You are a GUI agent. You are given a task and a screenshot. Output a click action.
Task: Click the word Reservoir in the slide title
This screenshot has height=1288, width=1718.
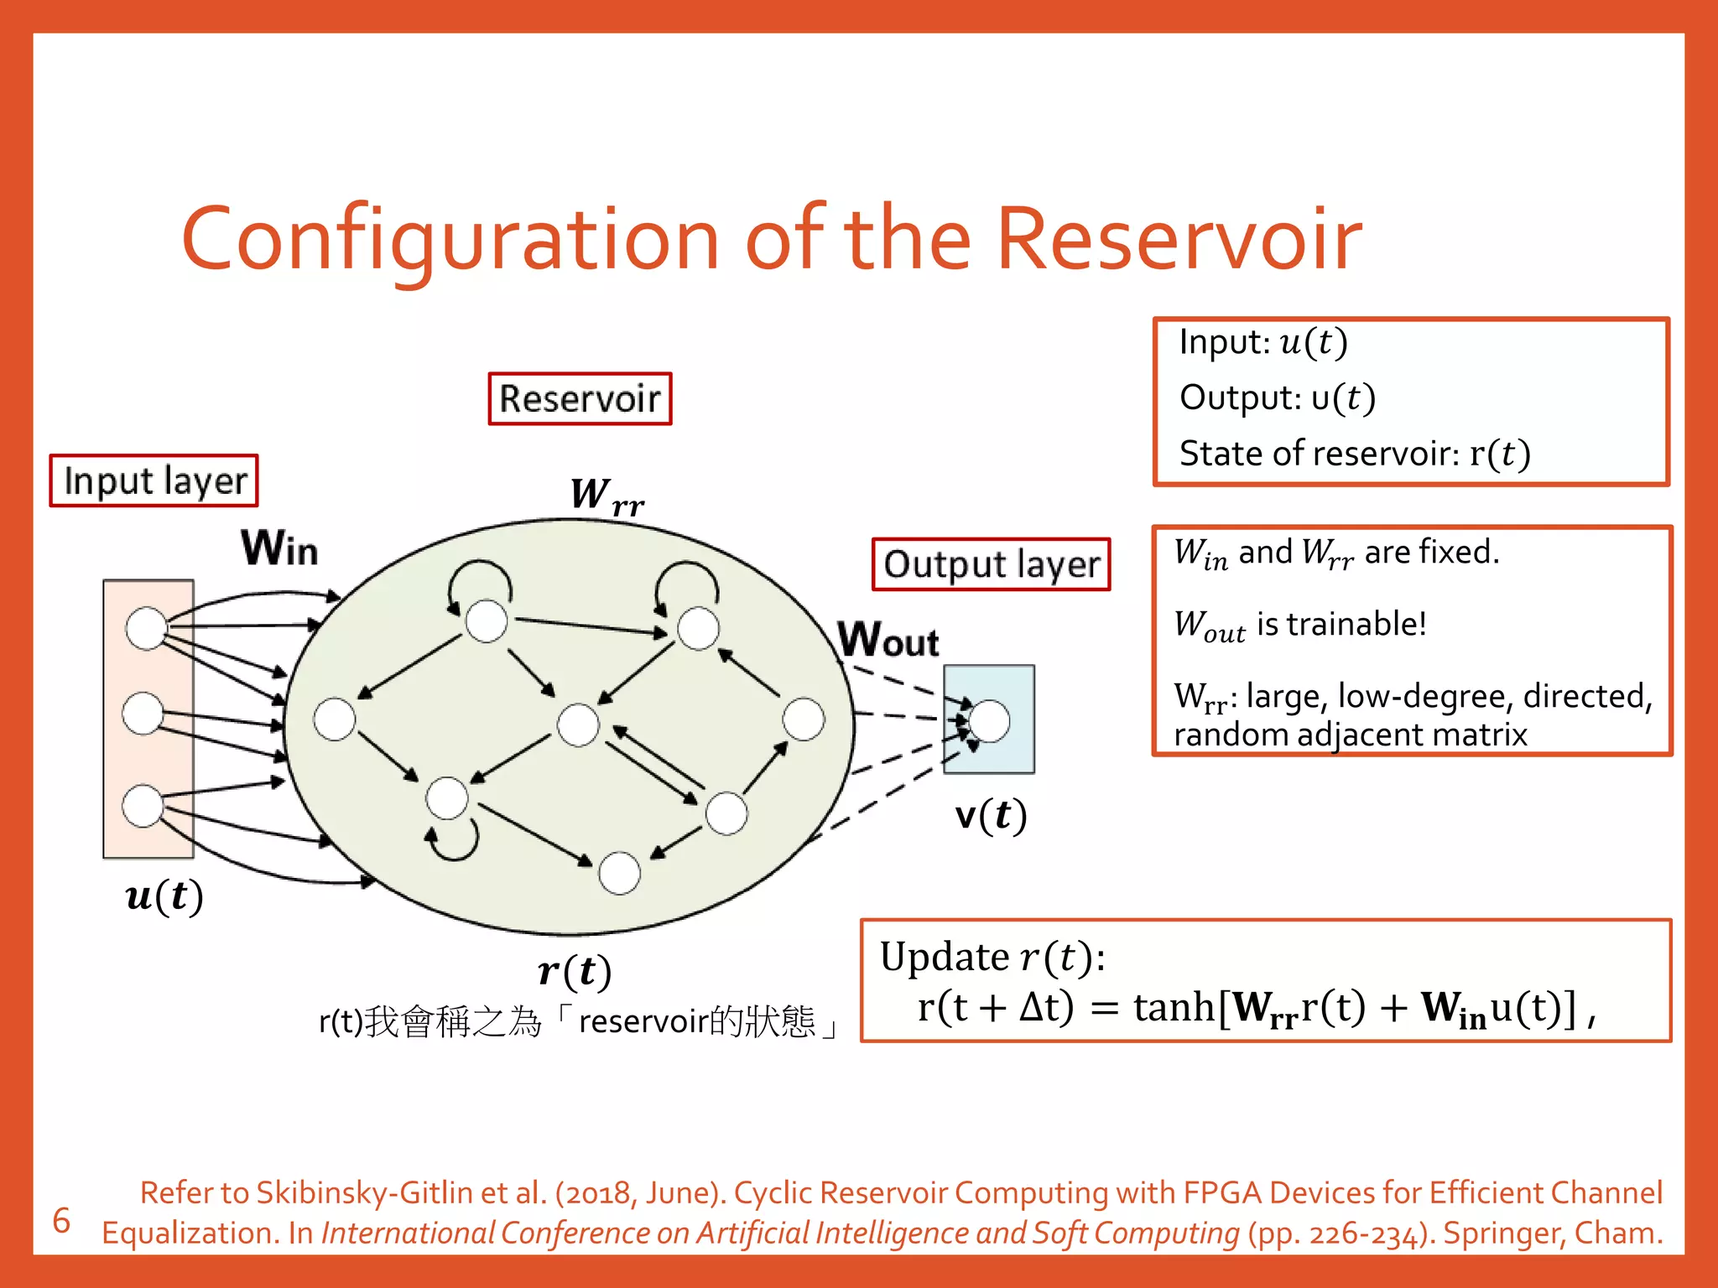click(x=1179, y=241)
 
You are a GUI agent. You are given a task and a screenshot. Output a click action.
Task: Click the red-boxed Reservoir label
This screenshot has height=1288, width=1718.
click(x=580, y=399)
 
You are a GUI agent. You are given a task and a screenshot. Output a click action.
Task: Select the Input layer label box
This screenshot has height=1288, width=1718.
click(x=154, y=481)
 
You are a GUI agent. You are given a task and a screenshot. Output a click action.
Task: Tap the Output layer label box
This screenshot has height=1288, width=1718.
click(x=991, y=564)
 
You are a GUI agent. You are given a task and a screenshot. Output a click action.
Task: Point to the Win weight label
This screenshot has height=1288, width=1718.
click(x=279, y=548)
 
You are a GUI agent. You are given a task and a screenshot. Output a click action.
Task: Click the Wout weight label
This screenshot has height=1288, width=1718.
click(x=888, y=641)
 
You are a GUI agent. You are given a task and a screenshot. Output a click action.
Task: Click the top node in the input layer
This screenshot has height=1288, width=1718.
click(x=147, y=629)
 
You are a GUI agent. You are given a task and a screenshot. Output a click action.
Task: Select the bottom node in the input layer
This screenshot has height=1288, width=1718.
click(x=143, y=806)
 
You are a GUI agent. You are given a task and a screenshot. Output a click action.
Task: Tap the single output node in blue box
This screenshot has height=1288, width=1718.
click(x=989, y=721)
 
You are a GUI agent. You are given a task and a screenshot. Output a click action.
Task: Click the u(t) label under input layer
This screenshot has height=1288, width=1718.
click(x=164, y=896)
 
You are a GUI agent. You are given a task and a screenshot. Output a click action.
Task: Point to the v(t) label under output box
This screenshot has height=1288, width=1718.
click(x=991, y=815)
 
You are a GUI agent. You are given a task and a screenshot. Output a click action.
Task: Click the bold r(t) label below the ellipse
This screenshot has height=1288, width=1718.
click(x=575, y=971)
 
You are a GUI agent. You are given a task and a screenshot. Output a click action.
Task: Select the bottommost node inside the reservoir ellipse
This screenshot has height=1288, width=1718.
click(x=620, y=873)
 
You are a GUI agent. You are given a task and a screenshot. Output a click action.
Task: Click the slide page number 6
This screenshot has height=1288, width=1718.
click(x=61, y=1221)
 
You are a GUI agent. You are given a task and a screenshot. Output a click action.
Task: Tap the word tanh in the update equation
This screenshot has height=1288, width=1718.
click(x=1174, y=1007)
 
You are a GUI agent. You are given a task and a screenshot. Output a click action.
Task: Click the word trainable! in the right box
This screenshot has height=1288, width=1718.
click(x=1356, y=625)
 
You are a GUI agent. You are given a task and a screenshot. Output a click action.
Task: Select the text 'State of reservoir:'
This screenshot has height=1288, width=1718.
click(x=1320, y=454)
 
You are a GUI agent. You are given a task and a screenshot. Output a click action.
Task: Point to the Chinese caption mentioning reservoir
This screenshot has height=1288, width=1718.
click(x=578, y=1022)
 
